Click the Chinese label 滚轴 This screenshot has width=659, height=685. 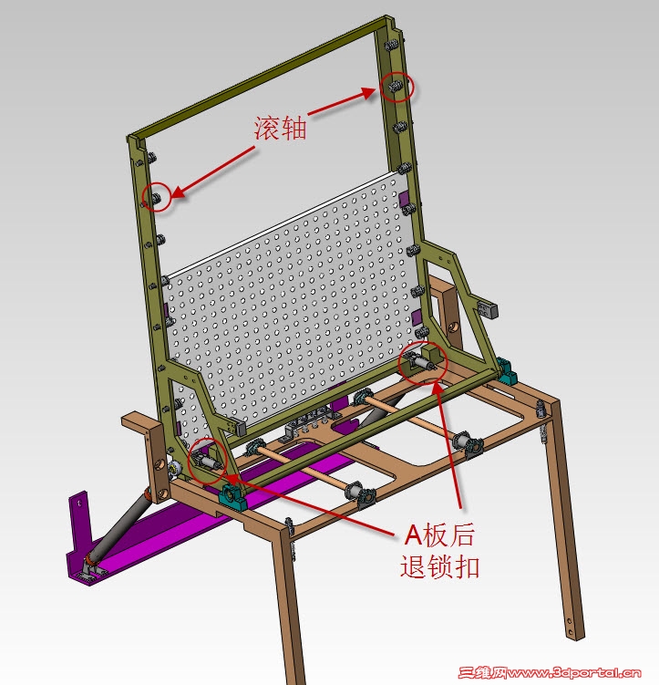pos(281,129)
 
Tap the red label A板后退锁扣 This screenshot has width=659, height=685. pos(439,550)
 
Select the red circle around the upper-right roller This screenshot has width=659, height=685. pos(396,87)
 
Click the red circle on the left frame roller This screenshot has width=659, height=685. pos(157,197)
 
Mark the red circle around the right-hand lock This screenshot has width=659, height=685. pos(423,362)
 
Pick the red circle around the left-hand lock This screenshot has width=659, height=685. pos(207,460)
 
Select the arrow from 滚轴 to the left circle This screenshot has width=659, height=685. pos(213,172)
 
